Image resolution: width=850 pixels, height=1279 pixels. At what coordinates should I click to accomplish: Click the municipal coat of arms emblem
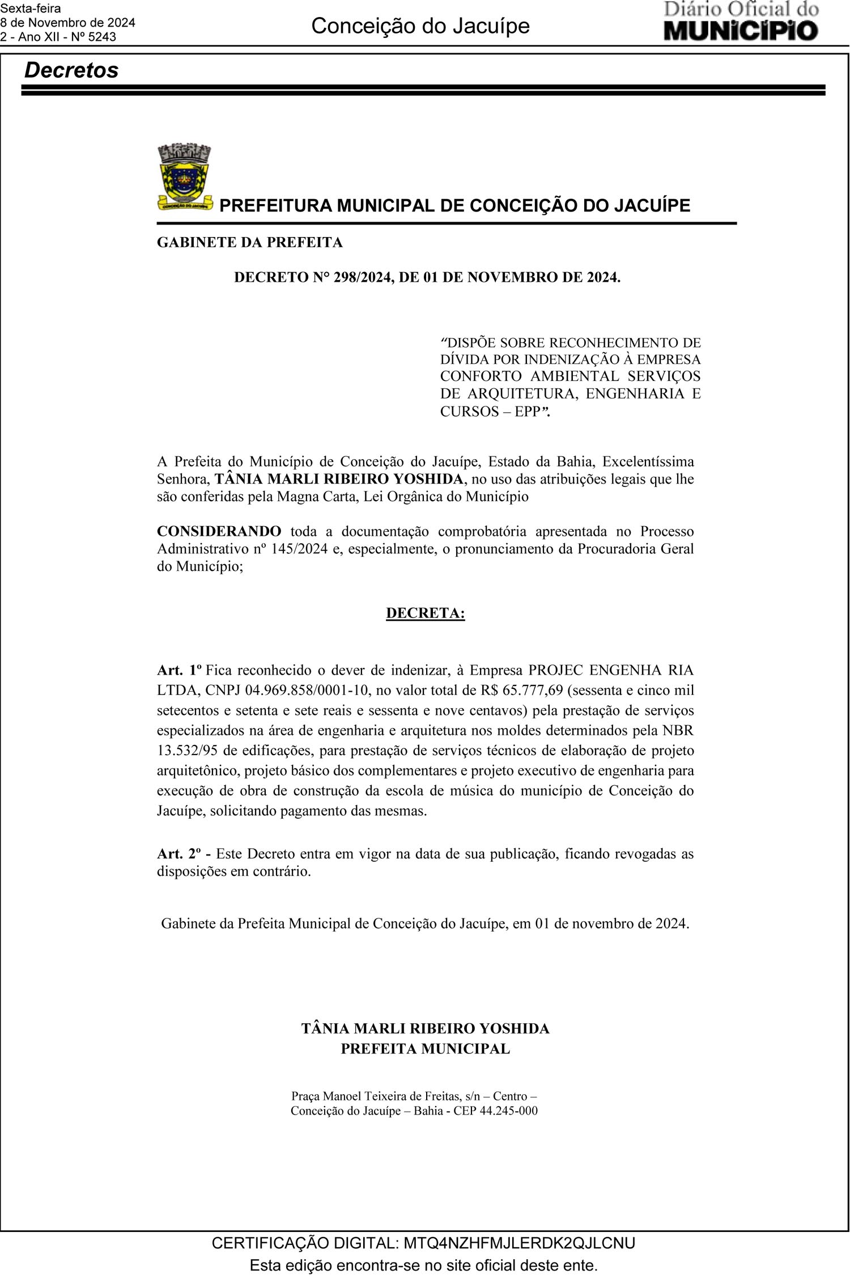[184, 177]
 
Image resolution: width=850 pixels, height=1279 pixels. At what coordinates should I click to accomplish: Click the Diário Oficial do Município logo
[741, 22]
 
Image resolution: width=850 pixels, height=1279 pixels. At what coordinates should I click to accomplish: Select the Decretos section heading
[71, 70]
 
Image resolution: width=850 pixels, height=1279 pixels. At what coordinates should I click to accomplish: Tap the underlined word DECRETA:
[425, 613]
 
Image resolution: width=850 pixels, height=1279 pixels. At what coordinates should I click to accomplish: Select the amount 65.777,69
[535, 690]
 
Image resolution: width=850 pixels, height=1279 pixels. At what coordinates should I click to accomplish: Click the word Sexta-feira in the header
[31, 9]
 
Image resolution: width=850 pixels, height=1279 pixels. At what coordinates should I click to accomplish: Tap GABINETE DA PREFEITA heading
[249, 243]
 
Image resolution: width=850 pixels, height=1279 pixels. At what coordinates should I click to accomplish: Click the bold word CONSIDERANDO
[219, 531]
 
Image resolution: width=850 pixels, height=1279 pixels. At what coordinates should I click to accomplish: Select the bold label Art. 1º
[179, 670]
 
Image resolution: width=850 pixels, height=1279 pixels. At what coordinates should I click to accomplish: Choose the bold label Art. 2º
[179, 853]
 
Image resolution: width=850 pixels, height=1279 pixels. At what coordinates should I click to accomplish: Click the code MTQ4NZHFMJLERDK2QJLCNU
[519, 1243]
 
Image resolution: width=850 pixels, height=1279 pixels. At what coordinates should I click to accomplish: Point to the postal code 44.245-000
[508, 1111]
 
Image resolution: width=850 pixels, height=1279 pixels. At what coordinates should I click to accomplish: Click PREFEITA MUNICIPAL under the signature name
[425, 1049]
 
